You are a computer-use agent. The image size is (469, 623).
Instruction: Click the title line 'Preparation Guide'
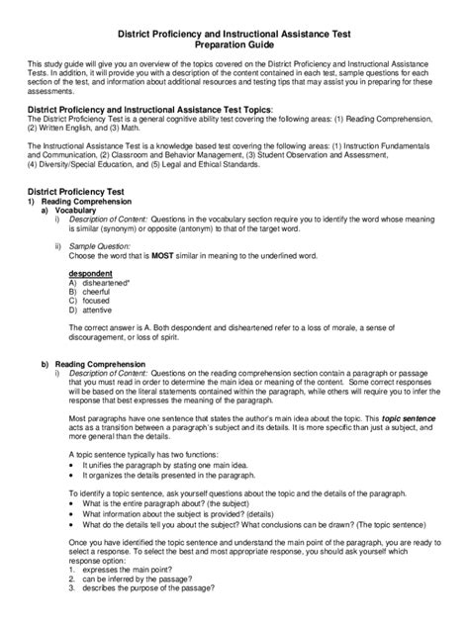pyautogui.click(x=234, y=44)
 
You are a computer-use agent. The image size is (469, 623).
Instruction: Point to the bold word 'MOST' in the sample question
pyautogui.click(x=164, y=253)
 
